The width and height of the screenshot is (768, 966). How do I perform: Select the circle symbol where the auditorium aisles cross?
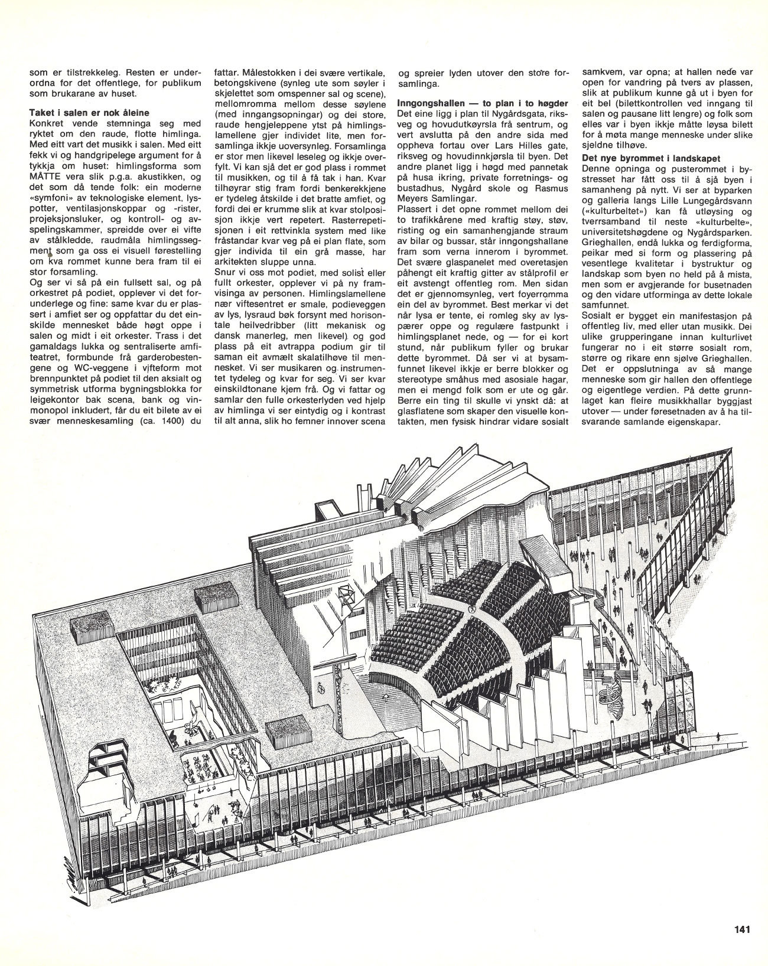(x=471, y=608)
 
